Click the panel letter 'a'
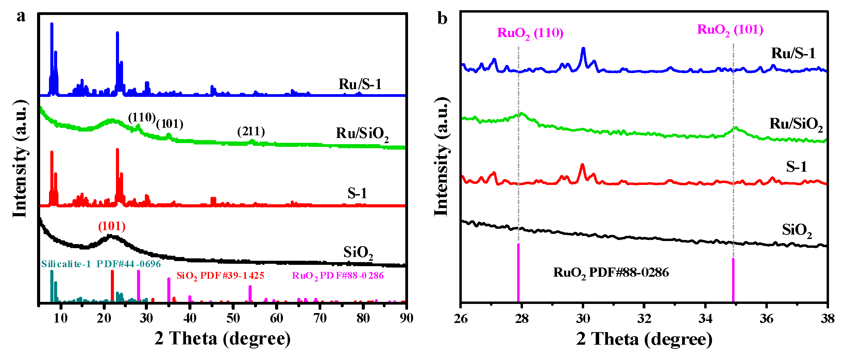coord(21,17)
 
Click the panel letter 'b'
coord(442,18)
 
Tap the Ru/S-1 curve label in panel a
coord(360,84)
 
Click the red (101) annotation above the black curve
coord(112,226)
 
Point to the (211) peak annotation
coord(251,131)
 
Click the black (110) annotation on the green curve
coord(141,118)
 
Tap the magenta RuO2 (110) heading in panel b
coord(530,33)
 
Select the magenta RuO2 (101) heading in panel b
coord(730,30)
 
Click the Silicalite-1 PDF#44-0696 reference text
coord(101,264)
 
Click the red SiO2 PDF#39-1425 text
coord(220,276)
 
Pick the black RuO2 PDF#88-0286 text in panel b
coord(611,273)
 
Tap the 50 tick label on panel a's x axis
coord(233,319)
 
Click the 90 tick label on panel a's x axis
coord(406,319)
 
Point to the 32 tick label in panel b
coord(644,319)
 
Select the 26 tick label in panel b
coord(461,319)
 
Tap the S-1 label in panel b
coord(796,167)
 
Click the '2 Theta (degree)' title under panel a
coord(222,339)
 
